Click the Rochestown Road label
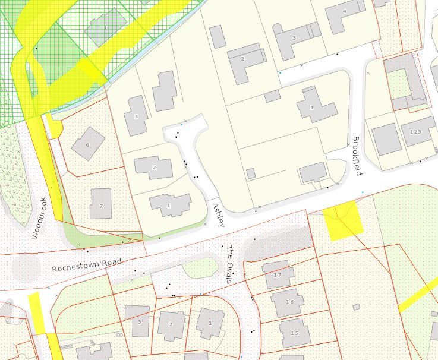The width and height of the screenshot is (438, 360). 86,265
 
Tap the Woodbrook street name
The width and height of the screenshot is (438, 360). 39,218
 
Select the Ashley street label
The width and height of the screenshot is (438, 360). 218,214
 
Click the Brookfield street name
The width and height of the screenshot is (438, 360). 357,156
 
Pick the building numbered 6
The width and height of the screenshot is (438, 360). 88,143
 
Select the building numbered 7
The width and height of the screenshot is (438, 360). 101,204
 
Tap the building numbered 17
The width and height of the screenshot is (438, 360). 277,276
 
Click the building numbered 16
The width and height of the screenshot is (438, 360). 289,302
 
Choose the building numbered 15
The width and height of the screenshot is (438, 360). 294,333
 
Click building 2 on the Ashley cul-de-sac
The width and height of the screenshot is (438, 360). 153,168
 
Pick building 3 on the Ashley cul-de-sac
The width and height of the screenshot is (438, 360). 136,116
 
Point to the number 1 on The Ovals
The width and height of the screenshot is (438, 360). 210,323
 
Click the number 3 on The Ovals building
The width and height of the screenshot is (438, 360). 140,322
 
